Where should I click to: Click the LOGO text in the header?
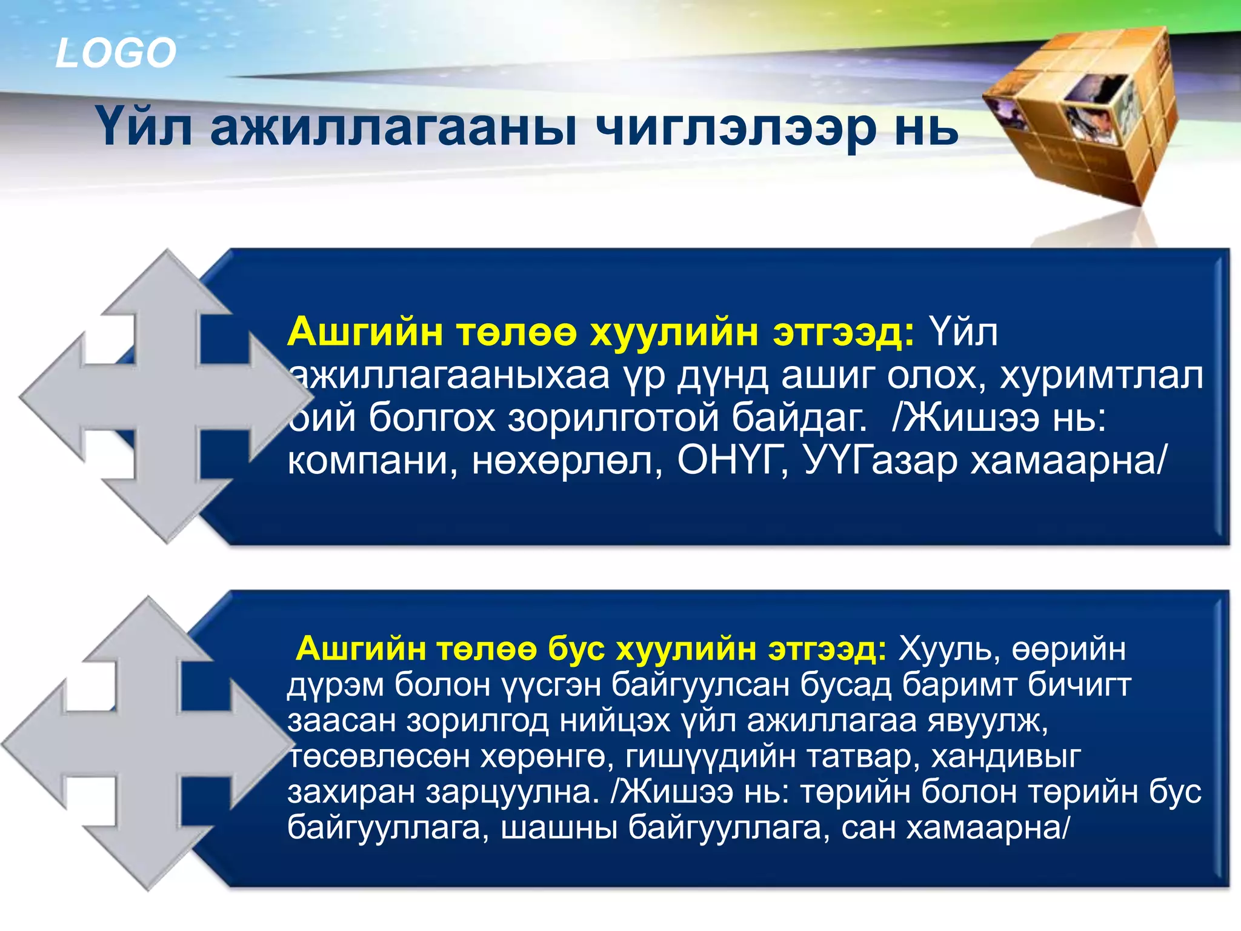[115, 53]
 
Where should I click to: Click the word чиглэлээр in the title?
[736, 128]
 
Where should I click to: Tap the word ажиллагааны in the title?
[393, 128]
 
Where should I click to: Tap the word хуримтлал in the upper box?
[1100, 376]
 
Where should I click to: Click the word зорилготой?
[612, 418]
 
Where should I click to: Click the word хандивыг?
[1006, 757]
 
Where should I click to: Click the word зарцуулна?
[512, 792]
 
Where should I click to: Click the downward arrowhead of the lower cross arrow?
[149, 861]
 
